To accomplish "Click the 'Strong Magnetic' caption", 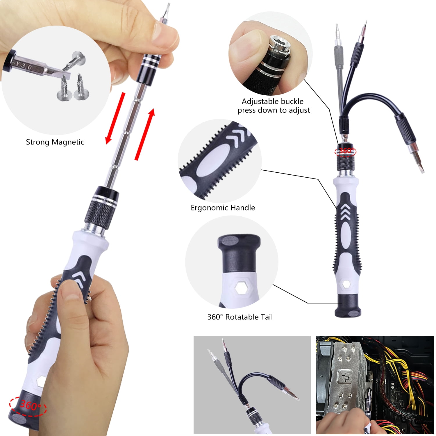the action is [55, 142].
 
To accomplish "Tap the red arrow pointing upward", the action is [145, 135].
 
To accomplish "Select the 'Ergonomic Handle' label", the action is [223, 208].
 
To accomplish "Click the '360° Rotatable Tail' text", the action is [240, 317].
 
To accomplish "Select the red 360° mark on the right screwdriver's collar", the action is [345, 151].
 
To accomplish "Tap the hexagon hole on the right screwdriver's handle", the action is [346, 284].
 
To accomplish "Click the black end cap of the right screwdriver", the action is [348, 306].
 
